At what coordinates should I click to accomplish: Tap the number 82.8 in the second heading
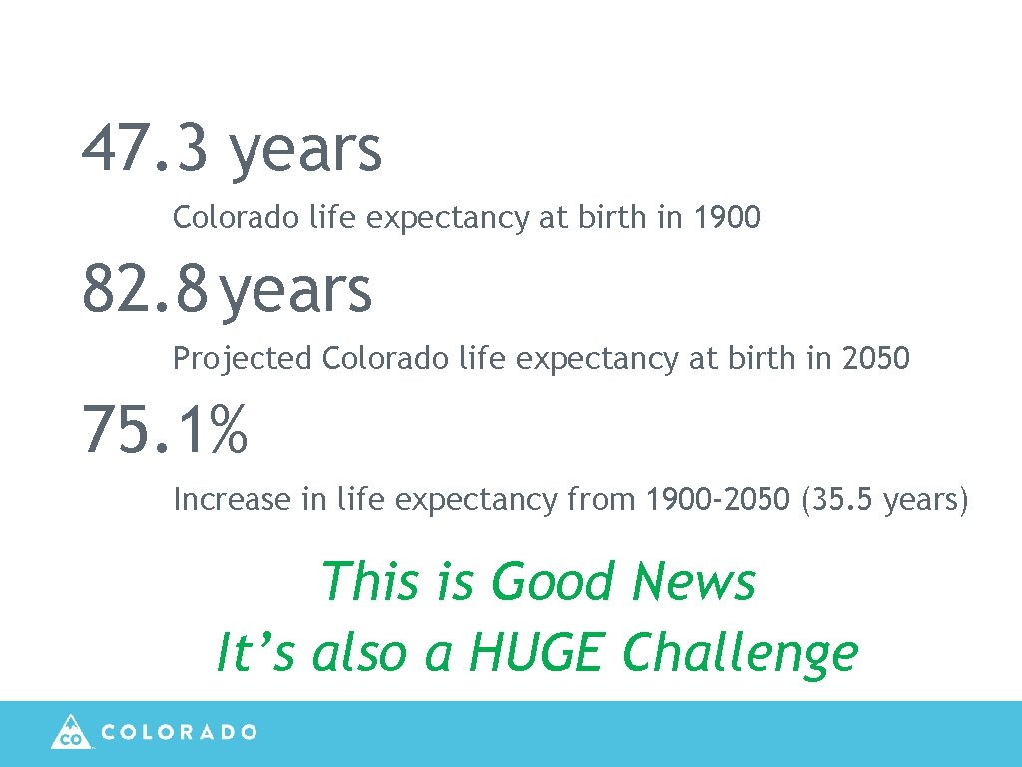tap(146, 289)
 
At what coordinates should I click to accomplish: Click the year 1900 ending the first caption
tap(727, 217)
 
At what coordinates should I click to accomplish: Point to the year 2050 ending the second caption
tap(876, 358)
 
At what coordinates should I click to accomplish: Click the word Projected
tap(243, 359)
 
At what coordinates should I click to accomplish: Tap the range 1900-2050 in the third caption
tap(718, 498)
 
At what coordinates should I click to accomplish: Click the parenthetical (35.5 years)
tap(884, 499)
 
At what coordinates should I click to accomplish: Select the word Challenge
tap(739, 654)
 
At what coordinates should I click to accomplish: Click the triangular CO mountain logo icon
tap(70, 732)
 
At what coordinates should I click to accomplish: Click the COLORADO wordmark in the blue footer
tap(180, 732)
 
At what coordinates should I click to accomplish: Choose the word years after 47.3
tap(305, 151)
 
